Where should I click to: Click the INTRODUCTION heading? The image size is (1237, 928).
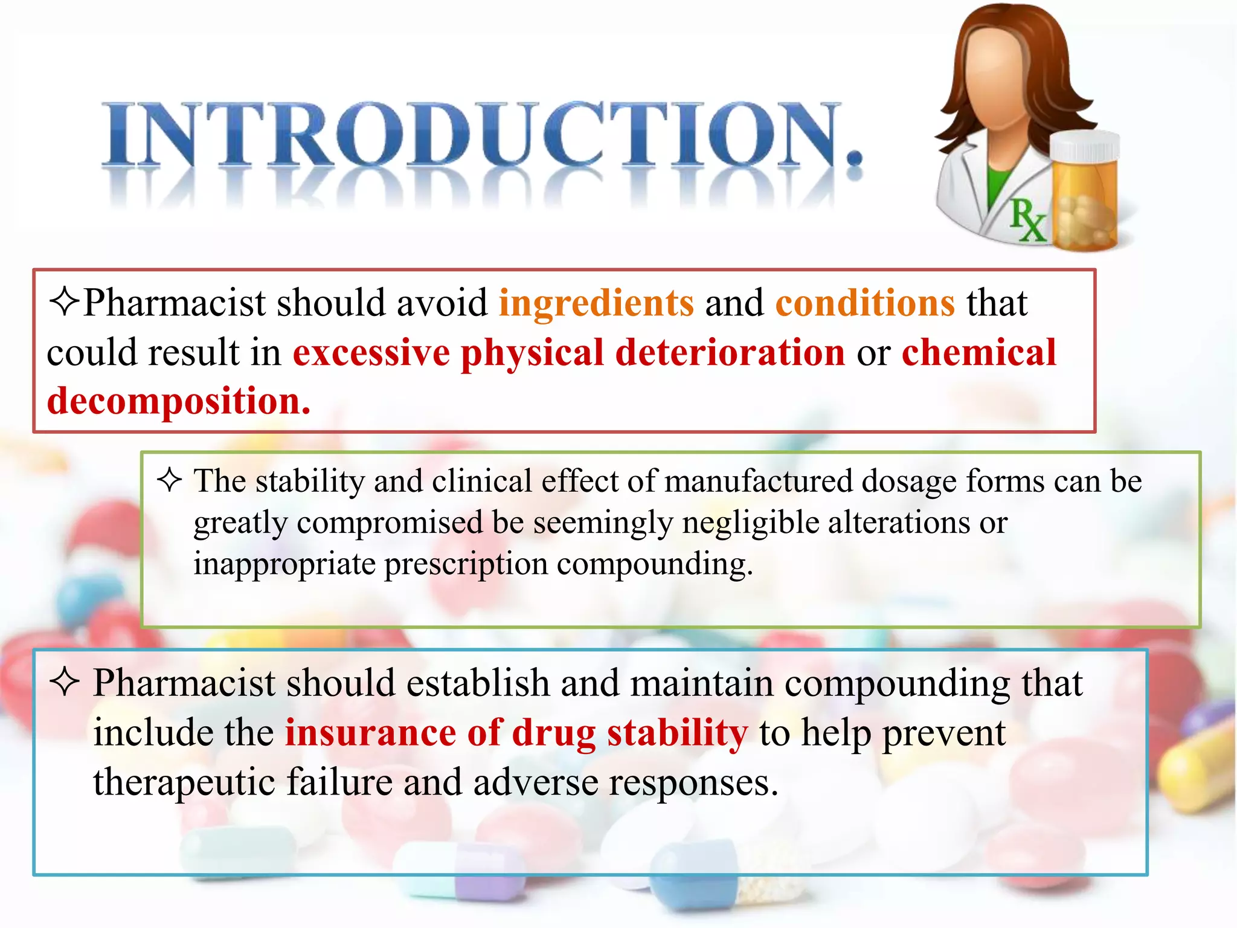point(471,136)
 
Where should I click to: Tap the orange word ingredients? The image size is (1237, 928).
point(596,303)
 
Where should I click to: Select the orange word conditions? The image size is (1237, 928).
point(865,303)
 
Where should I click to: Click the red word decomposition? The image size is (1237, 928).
point(178,401)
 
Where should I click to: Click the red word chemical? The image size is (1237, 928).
point(978,352)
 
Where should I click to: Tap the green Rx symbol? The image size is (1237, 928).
point(1026,221)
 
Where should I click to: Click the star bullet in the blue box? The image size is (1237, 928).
point(65,683)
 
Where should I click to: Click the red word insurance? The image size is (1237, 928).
point(370,733)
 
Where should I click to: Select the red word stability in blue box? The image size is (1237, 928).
point(677,733)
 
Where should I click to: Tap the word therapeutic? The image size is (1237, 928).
point(184,782)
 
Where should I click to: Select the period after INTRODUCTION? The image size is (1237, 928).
point(853,158)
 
